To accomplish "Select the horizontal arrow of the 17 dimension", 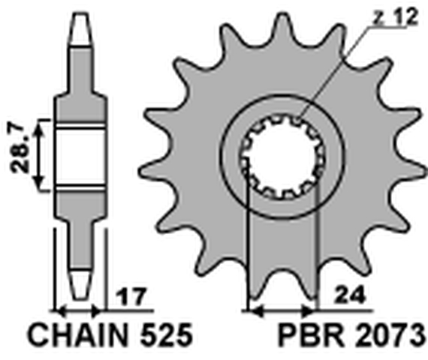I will (79, 308).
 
